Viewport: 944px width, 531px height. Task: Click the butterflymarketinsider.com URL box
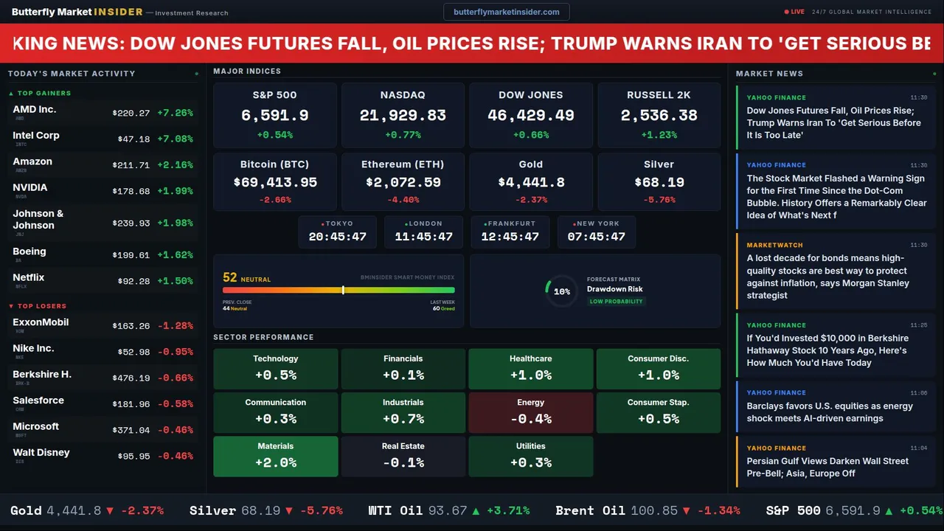tap(506, 12)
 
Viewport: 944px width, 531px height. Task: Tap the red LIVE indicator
tap(795, 12)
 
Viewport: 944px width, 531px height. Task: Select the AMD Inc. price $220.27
tap(131, 113)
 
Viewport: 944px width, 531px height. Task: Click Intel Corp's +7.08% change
tap(175, 139)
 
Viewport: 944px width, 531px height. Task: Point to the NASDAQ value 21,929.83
tap(403, 116)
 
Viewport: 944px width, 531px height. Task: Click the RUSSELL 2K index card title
tap(659, 95)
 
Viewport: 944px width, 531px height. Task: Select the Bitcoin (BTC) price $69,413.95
tap(275, 182)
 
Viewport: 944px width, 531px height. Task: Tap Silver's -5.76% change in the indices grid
tap(659, 200)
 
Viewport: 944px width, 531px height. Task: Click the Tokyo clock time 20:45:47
tap(337, 237)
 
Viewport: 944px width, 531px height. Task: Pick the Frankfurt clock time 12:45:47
tap(510, 237)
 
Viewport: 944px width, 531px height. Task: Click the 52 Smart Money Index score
tap(230, 278)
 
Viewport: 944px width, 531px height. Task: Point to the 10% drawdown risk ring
tap(561, 291)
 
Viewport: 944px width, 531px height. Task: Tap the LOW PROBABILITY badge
tap(616, 302)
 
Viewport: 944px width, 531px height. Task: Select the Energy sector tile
tap(530, 412)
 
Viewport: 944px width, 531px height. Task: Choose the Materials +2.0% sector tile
tap(275, 456)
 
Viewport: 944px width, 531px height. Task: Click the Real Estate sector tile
tap(403, 456)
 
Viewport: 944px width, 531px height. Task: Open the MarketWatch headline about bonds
tap(827, 277)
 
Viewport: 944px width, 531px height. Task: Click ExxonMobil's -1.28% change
tap(175, 326)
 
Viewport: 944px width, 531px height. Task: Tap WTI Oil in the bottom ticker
tap(398, 510)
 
